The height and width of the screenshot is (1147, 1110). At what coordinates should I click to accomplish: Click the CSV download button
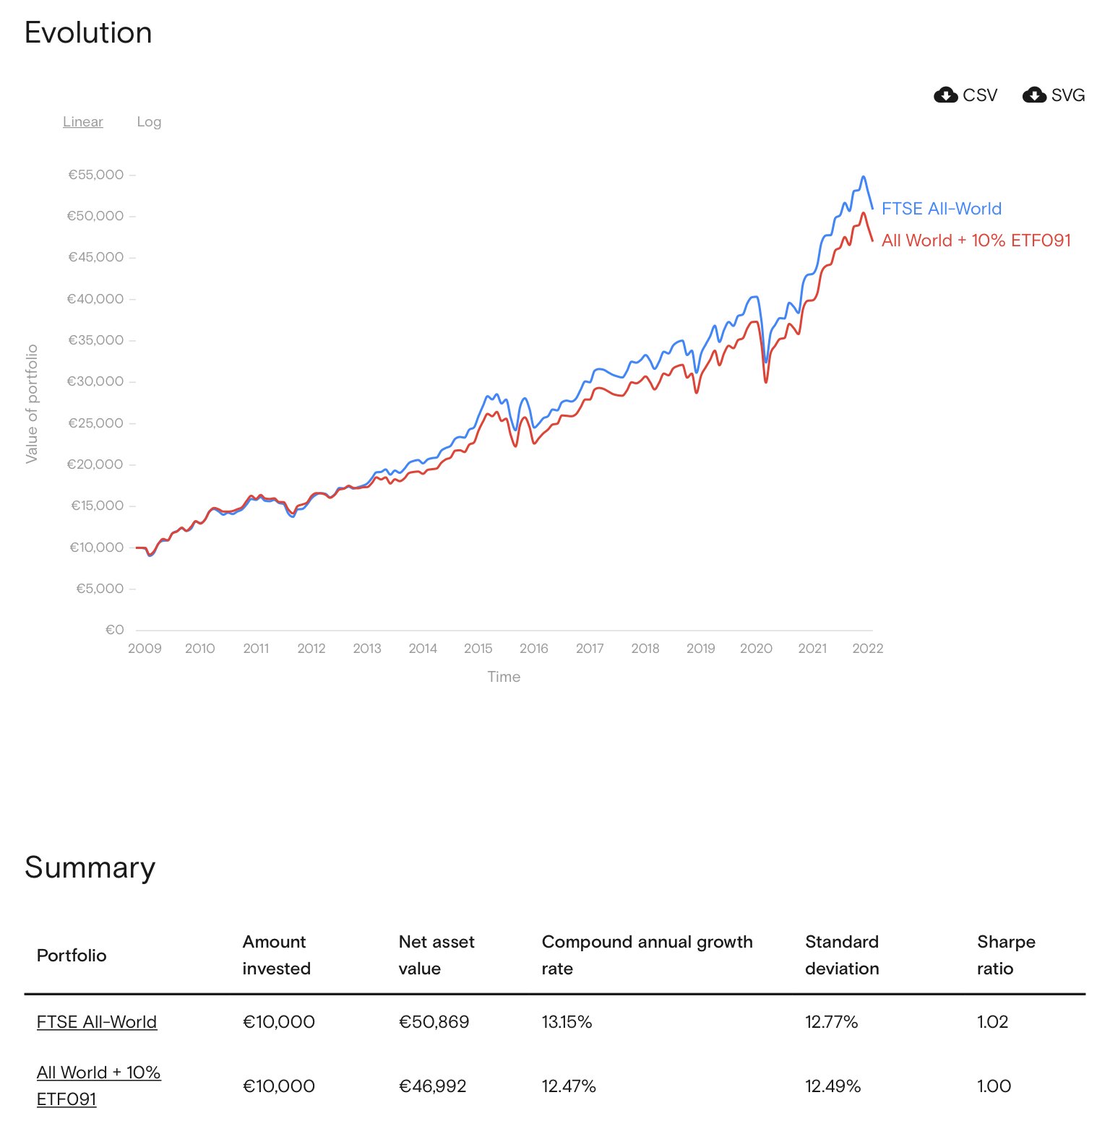(x=965, y=95)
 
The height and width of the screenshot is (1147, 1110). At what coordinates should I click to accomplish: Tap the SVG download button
(x=1054, y=95)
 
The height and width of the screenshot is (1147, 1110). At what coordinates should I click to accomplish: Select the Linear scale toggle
(x=83, y=121)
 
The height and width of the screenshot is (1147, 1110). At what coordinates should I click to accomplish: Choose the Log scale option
(x=149, y=121)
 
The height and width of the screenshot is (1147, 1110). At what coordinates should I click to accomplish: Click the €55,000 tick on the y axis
(x=96, y=175)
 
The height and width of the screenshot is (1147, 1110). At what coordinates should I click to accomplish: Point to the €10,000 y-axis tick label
(x=97, y=547)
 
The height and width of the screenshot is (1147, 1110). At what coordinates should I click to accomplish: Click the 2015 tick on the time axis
(x=478, y=649)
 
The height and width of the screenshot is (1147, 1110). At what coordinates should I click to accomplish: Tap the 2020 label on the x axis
(x=756, y=649)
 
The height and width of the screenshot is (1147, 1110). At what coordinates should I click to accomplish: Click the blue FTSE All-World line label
(x=942, y=209)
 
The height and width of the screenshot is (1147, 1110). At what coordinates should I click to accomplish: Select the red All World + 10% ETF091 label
(x=976, y=241)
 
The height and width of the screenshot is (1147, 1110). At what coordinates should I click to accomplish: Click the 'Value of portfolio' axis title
(x=32, y=404)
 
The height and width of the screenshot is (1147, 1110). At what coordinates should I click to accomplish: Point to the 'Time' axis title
(x=504, y=677)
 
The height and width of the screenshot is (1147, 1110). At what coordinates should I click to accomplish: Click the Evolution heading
(x=88, y=33)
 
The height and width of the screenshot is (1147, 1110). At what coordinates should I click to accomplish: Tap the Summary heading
(x=90, y=867)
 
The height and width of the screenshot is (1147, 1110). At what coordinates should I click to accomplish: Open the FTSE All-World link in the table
(x=97, y=1022)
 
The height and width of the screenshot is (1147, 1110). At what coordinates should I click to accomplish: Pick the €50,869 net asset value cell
(x=434, y=1022)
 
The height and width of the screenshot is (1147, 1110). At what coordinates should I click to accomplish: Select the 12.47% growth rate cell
(x=569, y=1086)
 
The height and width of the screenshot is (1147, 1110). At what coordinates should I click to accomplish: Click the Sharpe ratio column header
(x=1006, y=955)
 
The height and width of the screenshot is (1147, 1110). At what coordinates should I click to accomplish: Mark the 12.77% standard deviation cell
(x=831, y=1022)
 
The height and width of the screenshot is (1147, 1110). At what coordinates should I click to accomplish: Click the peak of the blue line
(x=863, y=177)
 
